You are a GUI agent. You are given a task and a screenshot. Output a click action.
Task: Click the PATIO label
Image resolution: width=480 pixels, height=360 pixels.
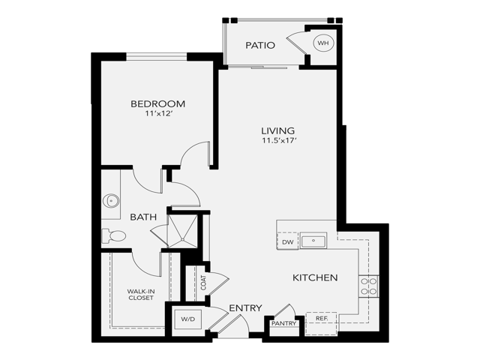click(260, 46)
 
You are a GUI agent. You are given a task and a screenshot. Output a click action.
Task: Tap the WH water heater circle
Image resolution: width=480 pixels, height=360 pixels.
click(323, 43)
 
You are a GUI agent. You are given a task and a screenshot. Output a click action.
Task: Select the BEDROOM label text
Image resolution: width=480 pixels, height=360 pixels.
click(157, 104)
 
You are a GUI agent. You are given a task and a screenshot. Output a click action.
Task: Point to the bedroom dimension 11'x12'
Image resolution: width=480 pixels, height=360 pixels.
click(157, 115)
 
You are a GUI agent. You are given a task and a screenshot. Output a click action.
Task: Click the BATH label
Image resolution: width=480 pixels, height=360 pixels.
click(143, 217)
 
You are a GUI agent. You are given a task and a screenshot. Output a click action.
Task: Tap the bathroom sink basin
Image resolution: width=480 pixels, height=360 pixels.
click(111, 201)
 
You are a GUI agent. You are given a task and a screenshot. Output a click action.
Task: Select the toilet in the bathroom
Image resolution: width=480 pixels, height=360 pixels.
click(113, 235)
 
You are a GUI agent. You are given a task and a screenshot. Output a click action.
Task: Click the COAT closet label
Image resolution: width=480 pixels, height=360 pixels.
click(203, 282)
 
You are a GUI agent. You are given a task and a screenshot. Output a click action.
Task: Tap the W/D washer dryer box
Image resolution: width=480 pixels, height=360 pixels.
click(187, 319)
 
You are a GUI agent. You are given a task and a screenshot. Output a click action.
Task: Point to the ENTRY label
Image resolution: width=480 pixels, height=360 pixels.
click(244, 308)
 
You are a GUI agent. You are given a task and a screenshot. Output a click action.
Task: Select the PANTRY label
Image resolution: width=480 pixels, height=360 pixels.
click(284, 323)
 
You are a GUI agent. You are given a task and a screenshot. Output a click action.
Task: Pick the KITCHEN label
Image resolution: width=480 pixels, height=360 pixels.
click(315, 278)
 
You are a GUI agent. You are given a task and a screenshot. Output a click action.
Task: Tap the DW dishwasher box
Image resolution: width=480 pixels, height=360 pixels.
click(287, 242)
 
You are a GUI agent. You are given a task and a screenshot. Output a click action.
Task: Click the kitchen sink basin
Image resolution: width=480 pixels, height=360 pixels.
click(313, 241)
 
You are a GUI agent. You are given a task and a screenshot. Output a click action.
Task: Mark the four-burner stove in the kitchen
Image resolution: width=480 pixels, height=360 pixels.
click(369, 286)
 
